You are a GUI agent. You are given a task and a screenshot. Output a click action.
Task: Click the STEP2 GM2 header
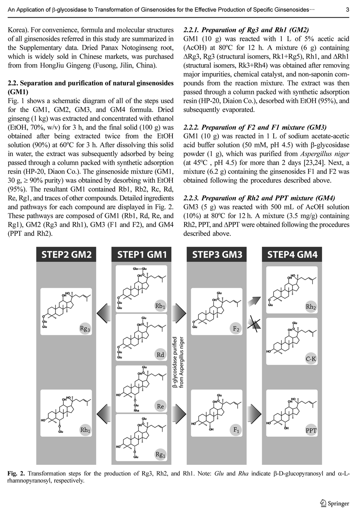pyautogui.click(x=66, y=255)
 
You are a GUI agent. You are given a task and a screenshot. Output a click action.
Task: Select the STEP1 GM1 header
pyautogui.click(x=142, y=255)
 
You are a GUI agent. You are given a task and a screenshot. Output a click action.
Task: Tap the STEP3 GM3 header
pyautogui.click(x=217, y=255)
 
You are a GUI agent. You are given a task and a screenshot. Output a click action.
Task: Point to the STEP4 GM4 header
pyautogui.click(x=292, y=255)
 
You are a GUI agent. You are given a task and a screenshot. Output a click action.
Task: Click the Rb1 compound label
pyautogui.click(x=160, y=306)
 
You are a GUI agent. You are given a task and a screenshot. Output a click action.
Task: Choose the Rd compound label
pyautogui.click(x=160, y=355)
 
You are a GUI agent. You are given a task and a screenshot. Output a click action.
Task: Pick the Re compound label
pyautogui.click(x=160, y=406)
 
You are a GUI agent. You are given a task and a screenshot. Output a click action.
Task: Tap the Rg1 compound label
pyautogui.click(x=160, y=455)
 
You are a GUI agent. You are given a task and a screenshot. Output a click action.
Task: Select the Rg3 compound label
pyautogui.click(x=85, y=329)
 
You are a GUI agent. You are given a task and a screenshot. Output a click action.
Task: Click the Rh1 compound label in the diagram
pyautogui.click(x=85, y=430)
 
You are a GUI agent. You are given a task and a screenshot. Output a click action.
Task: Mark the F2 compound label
pyautogui.click(x=236, y=329)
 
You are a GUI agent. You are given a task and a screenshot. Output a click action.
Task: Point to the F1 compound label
pyautogui.click(x=236, y=430)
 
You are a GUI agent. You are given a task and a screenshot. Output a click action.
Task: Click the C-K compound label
pyautogui.click(x=311, y=359)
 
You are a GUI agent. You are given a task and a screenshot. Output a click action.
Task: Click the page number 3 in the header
pyautogui.click(x=348, y=10)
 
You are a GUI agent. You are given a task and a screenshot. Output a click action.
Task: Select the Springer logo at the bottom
pyautogui.click(x=335, y=503)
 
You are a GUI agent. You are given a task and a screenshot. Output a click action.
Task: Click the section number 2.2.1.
pyautogui.click(x=192, y=30)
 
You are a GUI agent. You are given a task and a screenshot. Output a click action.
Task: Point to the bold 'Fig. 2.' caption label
pyautogui.click(x=16, y=473)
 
